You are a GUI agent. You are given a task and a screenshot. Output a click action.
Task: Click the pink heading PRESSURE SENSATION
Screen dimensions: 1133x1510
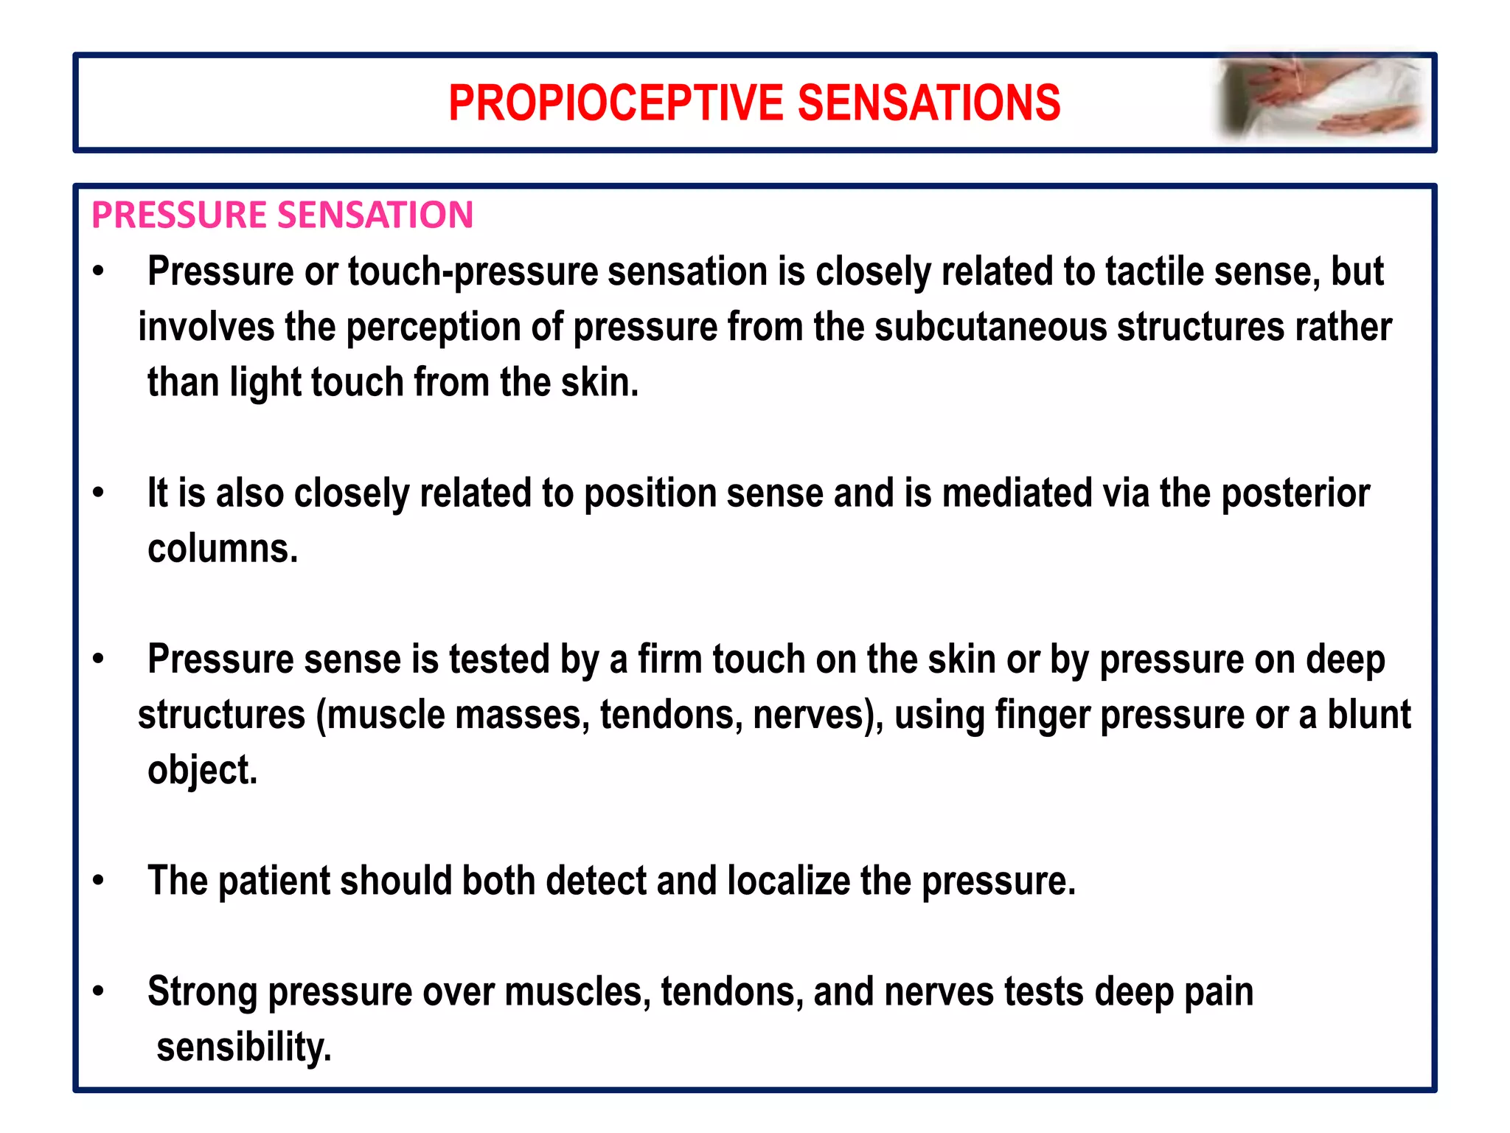(x=282, y=215)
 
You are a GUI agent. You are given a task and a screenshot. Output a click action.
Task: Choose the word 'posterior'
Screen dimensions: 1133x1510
(x=1295, y=493)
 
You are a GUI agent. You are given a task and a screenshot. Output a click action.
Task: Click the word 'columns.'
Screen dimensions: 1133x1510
(x=223, y=549)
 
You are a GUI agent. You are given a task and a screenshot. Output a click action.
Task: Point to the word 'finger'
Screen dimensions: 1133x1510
(x=1042, y=716)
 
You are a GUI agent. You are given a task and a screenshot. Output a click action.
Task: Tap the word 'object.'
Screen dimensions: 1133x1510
(x=203, y=771)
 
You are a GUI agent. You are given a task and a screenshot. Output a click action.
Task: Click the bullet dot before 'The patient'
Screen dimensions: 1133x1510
(x=99, y=880)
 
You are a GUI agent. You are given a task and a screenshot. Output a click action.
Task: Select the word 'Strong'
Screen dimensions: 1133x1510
(x=202, y=993)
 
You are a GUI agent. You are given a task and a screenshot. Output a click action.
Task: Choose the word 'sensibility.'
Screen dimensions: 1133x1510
(x=244, y=1047)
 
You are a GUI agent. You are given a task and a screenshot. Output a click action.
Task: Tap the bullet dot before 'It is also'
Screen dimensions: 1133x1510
(x=99, y=492)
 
